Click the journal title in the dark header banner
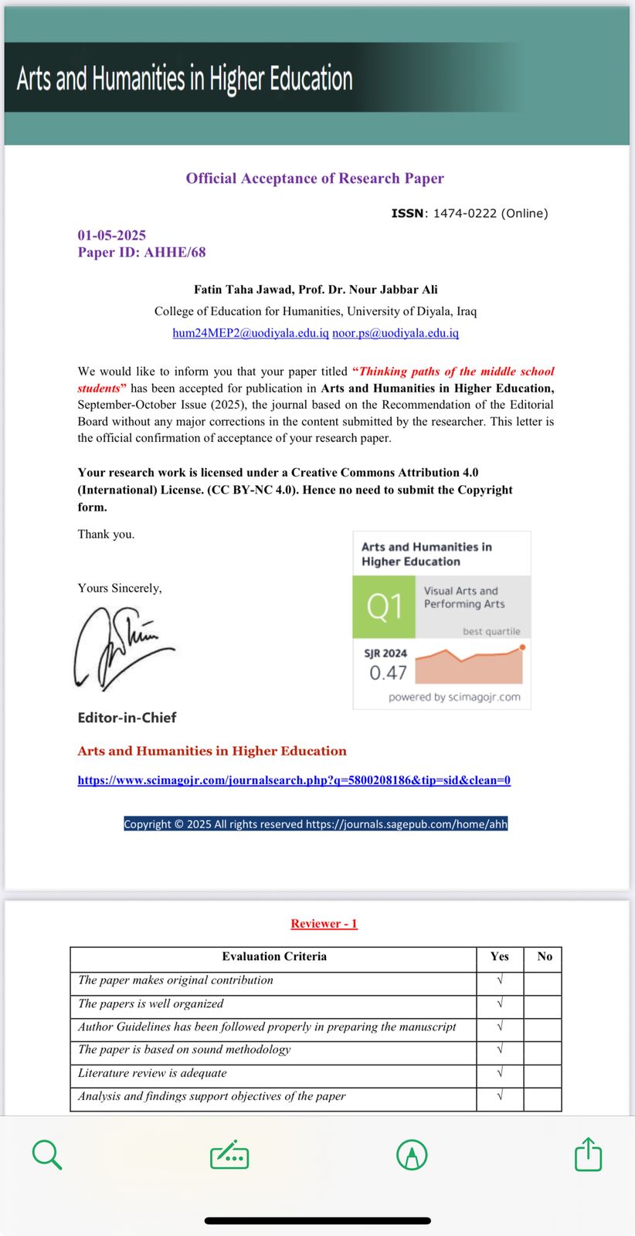pos(185,79)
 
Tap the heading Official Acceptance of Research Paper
pos(314,178)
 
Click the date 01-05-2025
pos(111,235)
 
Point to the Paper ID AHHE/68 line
pos(141,252)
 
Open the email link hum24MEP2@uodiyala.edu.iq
pos(250,333)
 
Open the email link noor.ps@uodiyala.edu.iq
pos(396,333)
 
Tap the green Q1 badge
pos(384,606)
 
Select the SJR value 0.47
pos(388,673)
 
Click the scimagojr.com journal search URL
pos(294,780)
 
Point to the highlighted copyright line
pos(315,824)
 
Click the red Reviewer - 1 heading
pos(324,923)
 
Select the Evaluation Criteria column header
pos(274,956)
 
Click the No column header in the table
pos(545,956)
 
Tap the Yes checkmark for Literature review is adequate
pos(500,1073)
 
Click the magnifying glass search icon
pos(47,1155)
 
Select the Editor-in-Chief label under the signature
pos(127,718)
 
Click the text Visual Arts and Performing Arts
pos(464,597)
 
